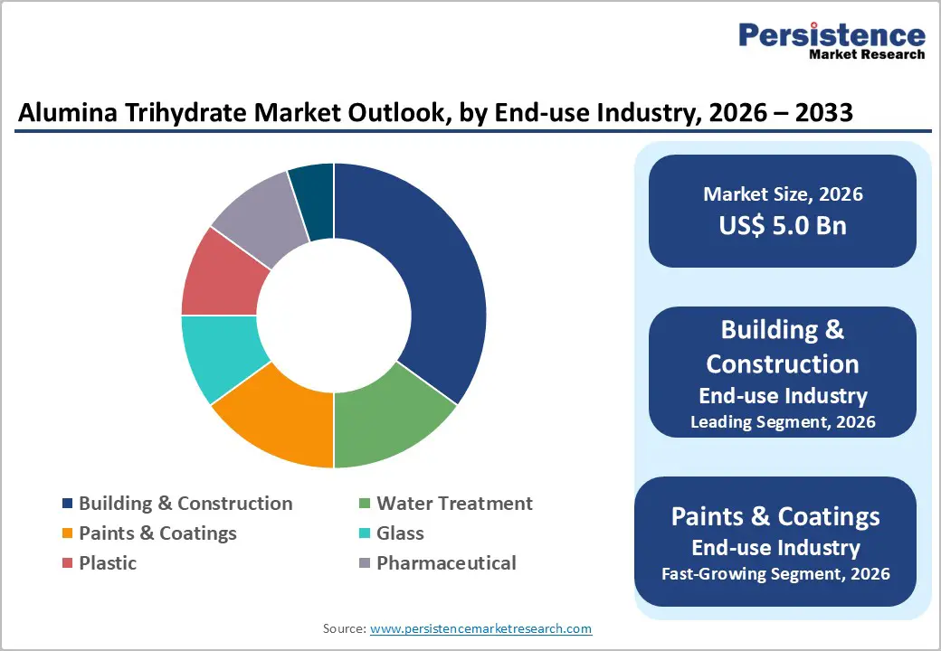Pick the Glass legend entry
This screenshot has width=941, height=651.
[x=400, y=533]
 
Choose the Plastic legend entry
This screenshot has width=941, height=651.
[x=107, y=563]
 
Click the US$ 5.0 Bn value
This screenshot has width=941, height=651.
[x=783, y=225]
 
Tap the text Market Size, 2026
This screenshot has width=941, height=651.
[x=783, y=193]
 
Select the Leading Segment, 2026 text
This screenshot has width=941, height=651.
[x=783, y=421]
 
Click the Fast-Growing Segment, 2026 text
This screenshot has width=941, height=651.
[x=775, y=573]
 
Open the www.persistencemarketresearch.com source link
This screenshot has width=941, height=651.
[x=481, y=628]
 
